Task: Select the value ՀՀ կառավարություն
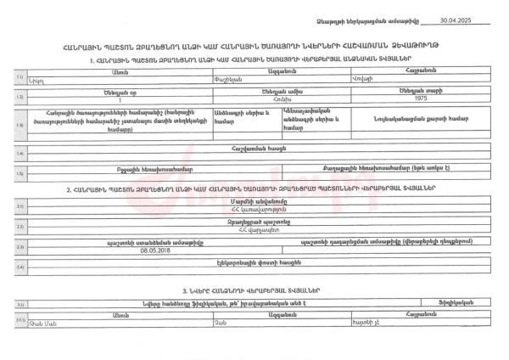click(255, 209)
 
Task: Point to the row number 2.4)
click(20, 268)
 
